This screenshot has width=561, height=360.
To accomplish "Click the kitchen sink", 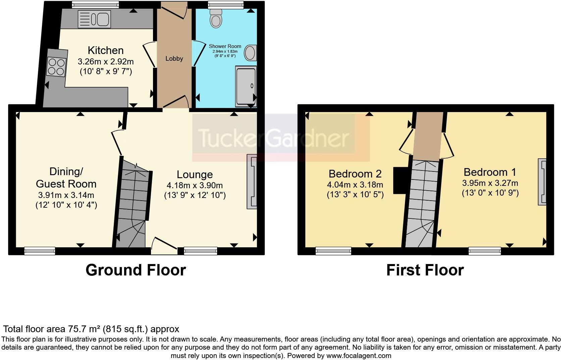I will click(x=94, y=19).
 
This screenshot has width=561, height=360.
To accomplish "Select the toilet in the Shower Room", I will click(x=216, y=18).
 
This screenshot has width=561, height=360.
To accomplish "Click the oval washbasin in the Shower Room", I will click(x=250, y=53).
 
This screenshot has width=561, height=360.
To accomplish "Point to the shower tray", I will click(x=246, y=86).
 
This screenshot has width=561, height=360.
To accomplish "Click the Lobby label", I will click(x=174, y=59).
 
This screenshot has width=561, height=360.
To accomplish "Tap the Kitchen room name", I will click(x=106, y=50).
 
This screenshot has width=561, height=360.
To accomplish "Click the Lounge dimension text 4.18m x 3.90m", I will click(x=195, y=185).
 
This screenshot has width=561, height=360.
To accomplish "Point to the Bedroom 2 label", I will click(x=355, y=174).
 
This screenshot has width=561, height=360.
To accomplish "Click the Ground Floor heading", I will click(x=136, y=270).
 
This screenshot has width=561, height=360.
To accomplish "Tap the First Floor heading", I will click(x=425, y=270).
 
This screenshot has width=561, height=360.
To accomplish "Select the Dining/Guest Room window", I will click(x=40, y=251).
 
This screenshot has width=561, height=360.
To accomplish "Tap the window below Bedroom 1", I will click(x=484, y=251).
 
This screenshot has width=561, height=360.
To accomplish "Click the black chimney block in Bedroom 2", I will click(x=400, y=181).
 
